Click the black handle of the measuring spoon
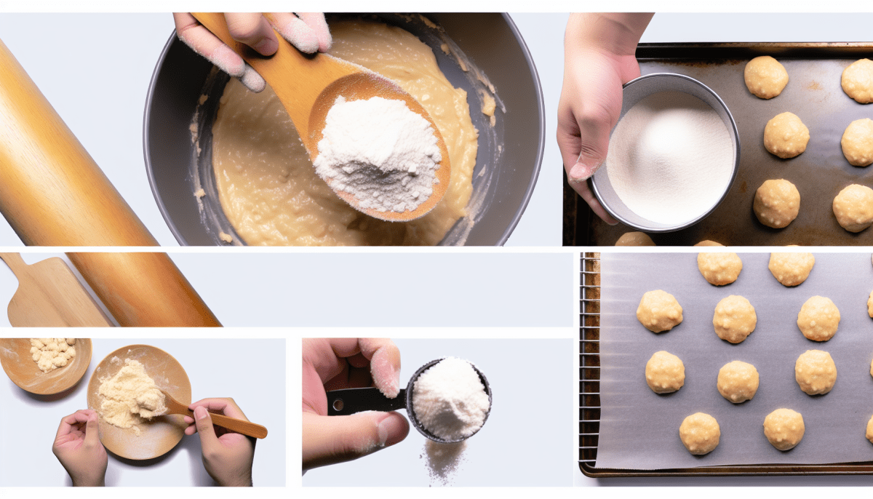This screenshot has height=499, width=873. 364,400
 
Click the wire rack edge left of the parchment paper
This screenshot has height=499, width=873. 588,364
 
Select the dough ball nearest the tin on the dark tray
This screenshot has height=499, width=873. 786,135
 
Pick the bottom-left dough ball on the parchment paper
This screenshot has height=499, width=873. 699,433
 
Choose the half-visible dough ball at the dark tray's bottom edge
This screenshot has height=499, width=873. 634,239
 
